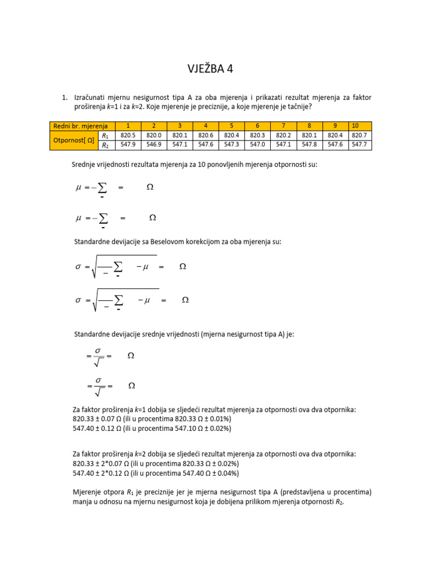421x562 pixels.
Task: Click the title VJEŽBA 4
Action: pyautogui.click(x=210, y=69)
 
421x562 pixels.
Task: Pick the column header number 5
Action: pyautogui.click(x=231, y=126)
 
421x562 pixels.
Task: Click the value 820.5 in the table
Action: pyautogui.click(x=128, y=136)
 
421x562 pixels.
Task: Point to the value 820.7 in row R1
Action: pyautogui.click(x=360, y=136)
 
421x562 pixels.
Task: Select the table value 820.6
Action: pyautogui.click(x=206, y=136)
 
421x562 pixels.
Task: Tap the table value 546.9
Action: pyautogui.click(x=154, y=145)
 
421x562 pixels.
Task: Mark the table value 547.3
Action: pyautogui.click(x=231, y=145)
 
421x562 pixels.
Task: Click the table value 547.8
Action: pyautogui.click(x=309, y=145)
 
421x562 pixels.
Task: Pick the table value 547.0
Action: pyautogui.click(x=257, y=145)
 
